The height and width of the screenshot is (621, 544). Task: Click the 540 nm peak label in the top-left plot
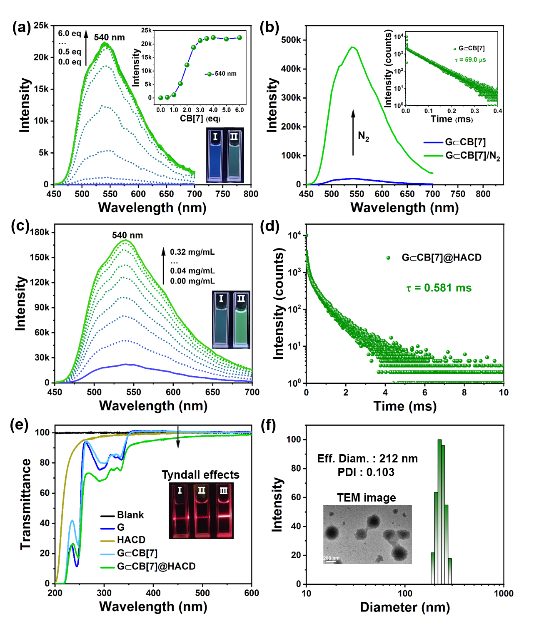pyautogui.click(x=109, y=37)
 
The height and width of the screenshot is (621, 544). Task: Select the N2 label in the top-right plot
pyautogui.click(x=364, y=136)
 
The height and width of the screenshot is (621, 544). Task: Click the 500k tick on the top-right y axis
pyautogui.click(x=291, y=40)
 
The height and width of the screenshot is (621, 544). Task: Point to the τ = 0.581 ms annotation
pyautogui.click(x=439, y=288)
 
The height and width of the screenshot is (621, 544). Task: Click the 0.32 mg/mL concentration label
pyautogui.click(x=192, y=252)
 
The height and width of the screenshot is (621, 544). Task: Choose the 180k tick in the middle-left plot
pyautogui.click(x=40, y=233)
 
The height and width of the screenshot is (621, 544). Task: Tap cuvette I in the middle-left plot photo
pyautogui.click(x=221, y=320)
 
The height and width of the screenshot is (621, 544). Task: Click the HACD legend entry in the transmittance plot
pyautogui.click(x=131, y=540)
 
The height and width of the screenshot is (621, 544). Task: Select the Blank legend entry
pyautogui.click(x=130, y=515)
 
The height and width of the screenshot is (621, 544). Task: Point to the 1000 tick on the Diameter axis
pyautogui.click(x=503, y=594)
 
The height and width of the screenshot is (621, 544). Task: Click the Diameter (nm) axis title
pyautogui.click(x=405, y=608)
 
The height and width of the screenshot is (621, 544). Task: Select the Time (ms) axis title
pyautogui.click(x=405, y=406)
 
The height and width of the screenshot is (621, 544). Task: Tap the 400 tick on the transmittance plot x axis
pyautogui.click(x=154, y=594)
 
